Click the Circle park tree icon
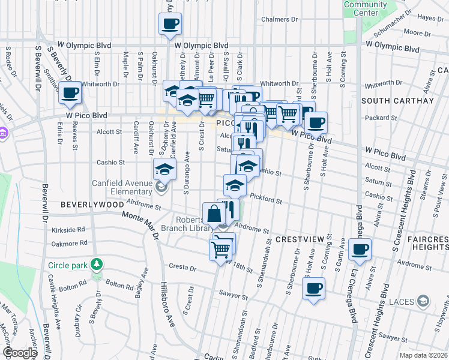click(96, 265)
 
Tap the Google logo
click(20, 353)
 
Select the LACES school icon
click(423, 301)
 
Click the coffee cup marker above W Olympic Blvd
click(169, 24)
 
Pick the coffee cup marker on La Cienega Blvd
click(360, 250)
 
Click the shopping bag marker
click(214, 214)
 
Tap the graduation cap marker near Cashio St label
click(164, 169)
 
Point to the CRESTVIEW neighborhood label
click(300, 239)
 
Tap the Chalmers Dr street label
click(276, 19)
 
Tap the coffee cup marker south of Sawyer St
click(313, 289)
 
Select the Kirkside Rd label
click(68, 230)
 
